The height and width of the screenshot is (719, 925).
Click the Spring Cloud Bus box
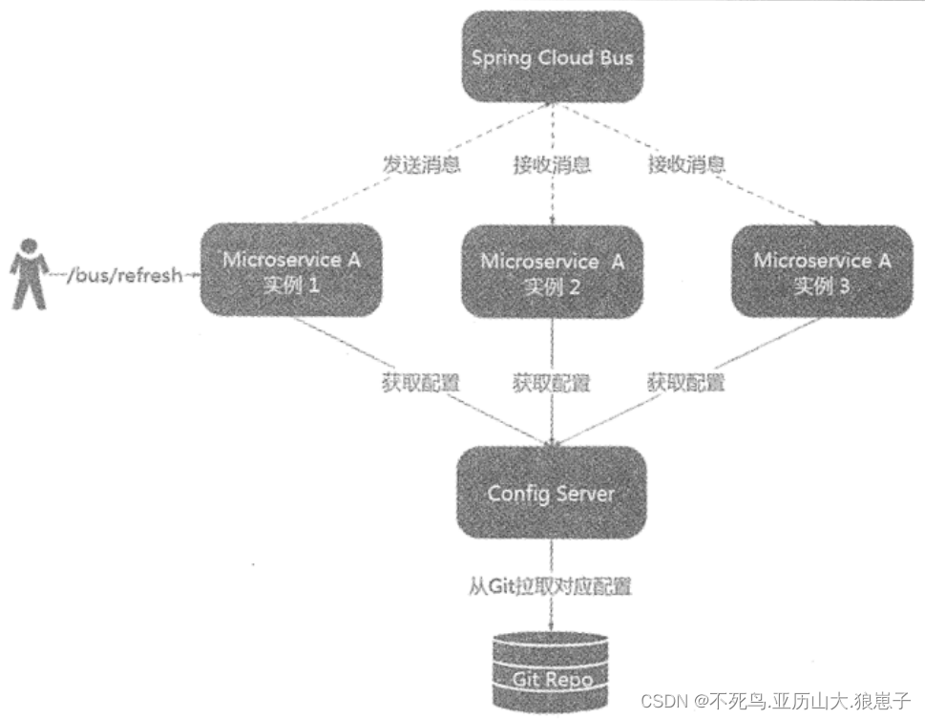point(552,56)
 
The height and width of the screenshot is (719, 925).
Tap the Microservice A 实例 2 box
point(552,273)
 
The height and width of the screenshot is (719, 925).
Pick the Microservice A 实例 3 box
point(822,271)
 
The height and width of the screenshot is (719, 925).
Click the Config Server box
point(551,494)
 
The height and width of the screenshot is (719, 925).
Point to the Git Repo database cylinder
point(551,667)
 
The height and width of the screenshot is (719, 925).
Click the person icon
point(28,275)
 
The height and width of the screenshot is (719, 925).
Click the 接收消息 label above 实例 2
point(552,164)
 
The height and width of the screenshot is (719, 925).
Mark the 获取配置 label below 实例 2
point(552,384)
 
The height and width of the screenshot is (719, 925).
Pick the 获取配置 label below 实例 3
point(685,384)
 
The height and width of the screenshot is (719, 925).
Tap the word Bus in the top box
point(615,57)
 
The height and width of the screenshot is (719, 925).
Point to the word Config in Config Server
point(515,494)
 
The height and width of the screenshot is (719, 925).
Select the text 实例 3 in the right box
point(822,286)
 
